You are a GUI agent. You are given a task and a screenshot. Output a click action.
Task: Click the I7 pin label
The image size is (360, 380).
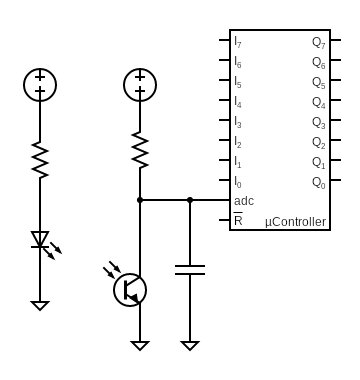point(238,43)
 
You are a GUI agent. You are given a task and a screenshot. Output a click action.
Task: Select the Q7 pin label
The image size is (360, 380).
point(318,43)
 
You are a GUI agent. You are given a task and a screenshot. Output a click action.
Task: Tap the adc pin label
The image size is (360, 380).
point(243,200)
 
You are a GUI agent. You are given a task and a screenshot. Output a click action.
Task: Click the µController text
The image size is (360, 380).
point(295,221)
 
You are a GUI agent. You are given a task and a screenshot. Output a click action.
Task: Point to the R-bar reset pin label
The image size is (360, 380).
point(238,220)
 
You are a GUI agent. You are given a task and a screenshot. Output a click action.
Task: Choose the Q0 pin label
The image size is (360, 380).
point(318,183)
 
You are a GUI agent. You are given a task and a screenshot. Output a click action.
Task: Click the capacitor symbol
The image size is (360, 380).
point(190,269)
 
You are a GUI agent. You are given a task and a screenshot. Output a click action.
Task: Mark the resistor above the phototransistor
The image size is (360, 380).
point(140,150)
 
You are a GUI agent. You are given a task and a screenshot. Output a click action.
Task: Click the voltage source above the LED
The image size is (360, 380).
point(40,84)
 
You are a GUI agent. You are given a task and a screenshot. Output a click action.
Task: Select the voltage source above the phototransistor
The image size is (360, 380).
point(140,85)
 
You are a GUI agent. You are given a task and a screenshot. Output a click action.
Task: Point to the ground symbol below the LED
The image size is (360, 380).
point(40,305)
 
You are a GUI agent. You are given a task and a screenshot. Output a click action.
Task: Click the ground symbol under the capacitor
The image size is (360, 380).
point(190,345)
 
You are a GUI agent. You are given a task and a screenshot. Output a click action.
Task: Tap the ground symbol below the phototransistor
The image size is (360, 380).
point(140,345)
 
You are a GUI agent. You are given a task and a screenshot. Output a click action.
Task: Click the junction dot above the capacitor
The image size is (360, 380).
point(190,200)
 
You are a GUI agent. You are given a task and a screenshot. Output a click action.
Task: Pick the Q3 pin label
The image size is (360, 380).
point(318,122)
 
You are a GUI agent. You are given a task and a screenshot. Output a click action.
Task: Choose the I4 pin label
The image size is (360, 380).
point(238,102)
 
